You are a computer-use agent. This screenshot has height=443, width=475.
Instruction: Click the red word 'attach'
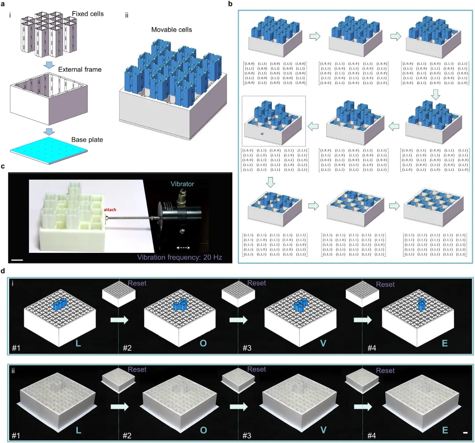(x=110, y=210)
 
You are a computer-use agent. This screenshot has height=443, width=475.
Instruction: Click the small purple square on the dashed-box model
(x=261, y=134)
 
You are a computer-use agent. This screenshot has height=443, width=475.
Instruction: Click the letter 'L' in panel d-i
(x=78, y=342)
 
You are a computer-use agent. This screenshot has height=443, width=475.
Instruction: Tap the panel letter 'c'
(x=4, y=166)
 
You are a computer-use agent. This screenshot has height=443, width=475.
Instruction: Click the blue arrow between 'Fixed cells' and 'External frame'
(x=51, y=65)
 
